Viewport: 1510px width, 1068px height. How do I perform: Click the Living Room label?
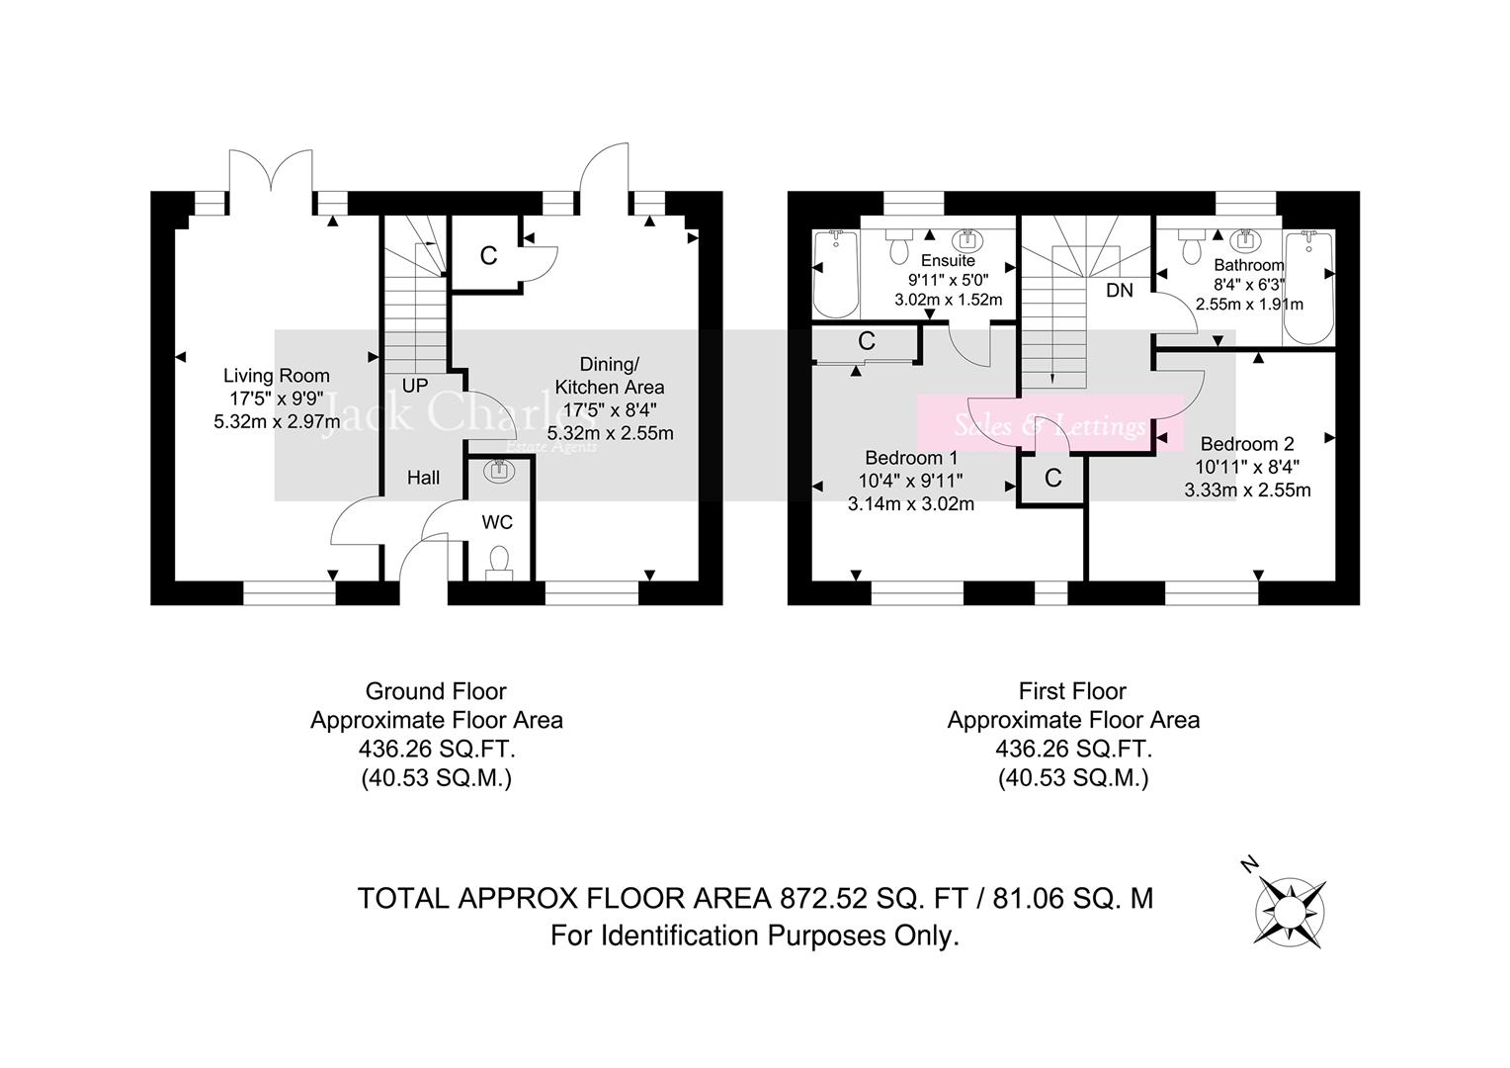tap(277, 376)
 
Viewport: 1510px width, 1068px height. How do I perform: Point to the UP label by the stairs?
tap(415, 386)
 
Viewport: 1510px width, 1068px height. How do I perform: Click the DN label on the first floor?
tap(1120, 291)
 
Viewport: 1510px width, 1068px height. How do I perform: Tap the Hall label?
tap(424, 478)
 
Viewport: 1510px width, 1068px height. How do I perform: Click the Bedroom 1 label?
tap(911, 458)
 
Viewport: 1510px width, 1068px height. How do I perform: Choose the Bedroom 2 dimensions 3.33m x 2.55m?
tap(1247, 489)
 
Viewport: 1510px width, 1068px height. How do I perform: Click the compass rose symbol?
tap(1291, 912)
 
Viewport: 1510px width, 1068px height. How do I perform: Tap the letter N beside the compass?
tap(1249, 866)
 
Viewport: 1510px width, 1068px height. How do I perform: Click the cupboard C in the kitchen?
tap(488, 256)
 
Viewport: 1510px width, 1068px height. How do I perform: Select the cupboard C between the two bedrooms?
tap(1052, 479)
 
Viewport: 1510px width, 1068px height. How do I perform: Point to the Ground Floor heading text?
tap(436, 691)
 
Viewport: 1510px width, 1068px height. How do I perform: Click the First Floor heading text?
tap(1072, 691)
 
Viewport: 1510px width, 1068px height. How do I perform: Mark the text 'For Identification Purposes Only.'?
tap(755, 935)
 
